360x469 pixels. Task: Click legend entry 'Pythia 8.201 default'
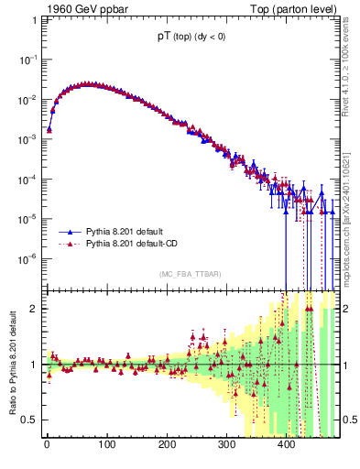(x=122, y=233)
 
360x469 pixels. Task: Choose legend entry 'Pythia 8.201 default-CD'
(x=129, y=245)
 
